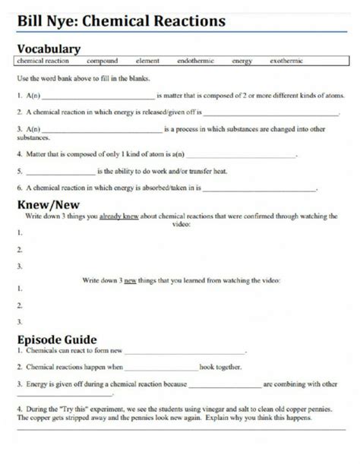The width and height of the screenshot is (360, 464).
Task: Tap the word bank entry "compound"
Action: click(x=102, y=60)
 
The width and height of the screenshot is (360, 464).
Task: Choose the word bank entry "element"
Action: click(x=147, y=60)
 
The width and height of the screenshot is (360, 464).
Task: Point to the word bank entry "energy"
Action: click(x=242, y=60)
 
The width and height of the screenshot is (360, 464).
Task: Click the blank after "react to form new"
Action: click(x=186, y=353)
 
